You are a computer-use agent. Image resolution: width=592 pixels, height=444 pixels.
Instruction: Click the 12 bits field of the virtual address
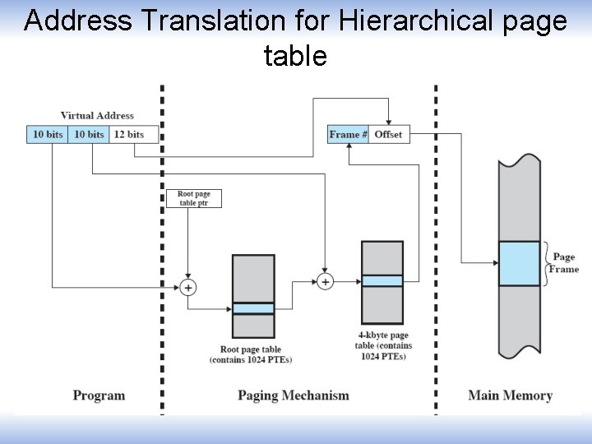(129, 134)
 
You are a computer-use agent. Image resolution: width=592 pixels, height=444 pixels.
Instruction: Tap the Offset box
(388, 134)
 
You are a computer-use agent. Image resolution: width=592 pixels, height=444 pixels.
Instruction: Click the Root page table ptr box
(194, 199)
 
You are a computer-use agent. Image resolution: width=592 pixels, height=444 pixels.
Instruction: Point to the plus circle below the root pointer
(188, 287)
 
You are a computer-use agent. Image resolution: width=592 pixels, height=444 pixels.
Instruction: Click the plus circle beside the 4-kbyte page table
(326, 282)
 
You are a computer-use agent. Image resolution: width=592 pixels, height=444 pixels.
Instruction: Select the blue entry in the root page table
(253, 308)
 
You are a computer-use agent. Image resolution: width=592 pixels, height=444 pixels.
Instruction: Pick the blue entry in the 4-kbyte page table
(382, 280)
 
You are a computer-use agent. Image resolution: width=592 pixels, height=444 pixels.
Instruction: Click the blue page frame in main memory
(519, 263)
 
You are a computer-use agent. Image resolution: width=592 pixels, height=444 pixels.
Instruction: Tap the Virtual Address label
(97, 116)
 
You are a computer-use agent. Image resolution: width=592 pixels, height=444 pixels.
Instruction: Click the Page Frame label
(564, 263)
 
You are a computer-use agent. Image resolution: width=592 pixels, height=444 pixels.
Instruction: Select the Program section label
(99, 395)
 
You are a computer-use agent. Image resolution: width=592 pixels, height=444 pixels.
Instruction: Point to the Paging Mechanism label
(294, 395)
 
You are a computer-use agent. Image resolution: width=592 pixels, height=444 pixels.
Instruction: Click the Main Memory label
(510, 395)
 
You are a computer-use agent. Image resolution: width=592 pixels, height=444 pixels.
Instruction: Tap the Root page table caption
(251, 354)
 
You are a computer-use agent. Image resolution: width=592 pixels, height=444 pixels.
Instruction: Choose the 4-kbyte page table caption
(383, 345)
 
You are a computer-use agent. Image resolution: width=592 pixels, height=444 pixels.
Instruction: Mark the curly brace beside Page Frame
(545, 263)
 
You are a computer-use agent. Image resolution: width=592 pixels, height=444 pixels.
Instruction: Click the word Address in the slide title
(78, 21)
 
